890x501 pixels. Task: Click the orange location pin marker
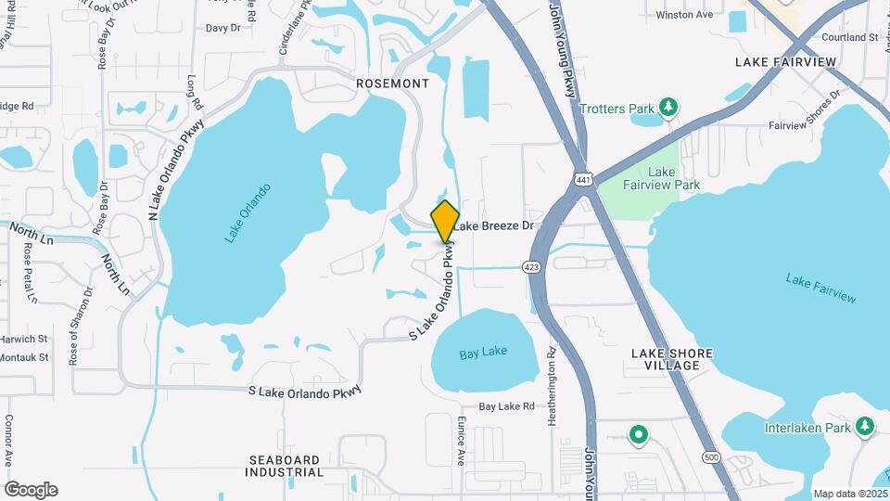point(446,221)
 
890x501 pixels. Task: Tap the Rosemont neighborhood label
point(393,83)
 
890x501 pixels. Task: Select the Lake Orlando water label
point(248,213)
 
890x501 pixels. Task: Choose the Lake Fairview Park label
point(661,178)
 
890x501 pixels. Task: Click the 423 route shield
point(531,267)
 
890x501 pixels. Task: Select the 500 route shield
point(711,457)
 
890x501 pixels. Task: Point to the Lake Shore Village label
point(665,359)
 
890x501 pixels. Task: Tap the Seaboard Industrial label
point(285,466)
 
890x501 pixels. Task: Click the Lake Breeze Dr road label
point(495,225)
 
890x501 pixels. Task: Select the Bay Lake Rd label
point(506,406)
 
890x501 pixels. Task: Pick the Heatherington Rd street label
point(552,387)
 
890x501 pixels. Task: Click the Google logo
point(31,490)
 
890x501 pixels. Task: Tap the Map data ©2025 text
point(850,494)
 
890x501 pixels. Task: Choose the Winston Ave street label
point(684,16)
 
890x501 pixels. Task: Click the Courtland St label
point(849,38)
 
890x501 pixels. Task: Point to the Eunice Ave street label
point(461,440)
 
